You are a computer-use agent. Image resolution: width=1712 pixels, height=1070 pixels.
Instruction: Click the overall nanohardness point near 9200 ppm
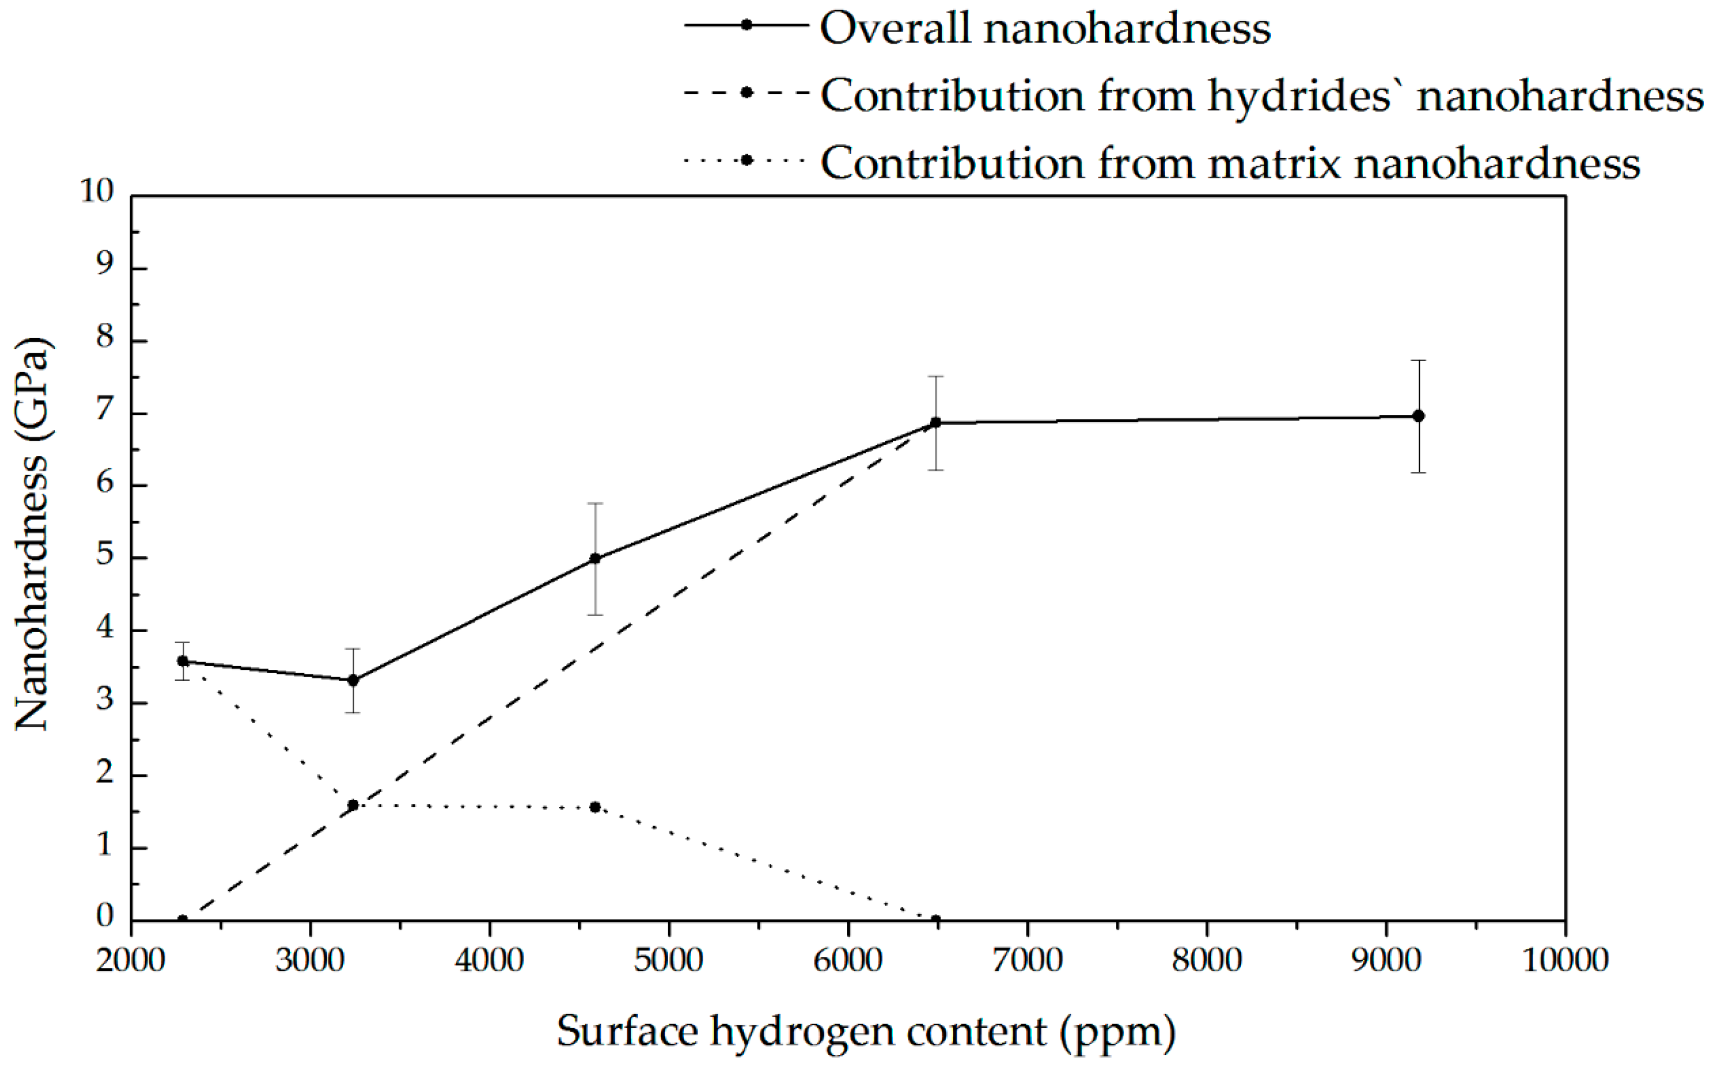tap(1418, 416)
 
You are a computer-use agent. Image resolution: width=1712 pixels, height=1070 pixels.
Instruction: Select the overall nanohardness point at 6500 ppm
tap(935, 423)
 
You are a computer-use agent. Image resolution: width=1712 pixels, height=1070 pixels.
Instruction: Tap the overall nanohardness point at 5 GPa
tap(595, 558)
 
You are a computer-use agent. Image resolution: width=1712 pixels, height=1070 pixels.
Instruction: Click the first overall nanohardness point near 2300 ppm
tap(183, 661)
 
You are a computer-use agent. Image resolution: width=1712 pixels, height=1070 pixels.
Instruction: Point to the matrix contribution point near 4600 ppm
tap(595, 807)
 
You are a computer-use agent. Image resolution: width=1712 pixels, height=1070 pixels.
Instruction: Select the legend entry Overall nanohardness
tap(1045, 28)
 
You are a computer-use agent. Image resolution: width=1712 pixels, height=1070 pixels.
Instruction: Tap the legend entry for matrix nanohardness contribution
tap(1229, 163)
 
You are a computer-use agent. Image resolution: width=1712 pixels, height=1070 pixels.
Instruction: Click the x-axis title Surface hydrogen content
tap(866, 1031)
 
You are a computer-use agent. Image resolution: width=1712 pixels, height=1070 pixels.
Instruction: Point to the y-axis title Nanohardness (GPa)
tap(33, 534)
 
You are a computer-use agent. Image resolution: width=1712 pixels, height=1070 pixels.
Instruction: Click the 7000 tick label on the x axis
tap(1027, 960)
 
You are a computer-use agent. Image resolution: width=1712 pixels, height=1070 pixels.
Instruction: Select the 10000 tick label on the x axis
tap(1565, 960)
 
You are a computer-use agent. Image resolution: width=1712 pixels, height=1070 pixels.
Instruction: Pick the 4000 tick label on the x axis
tap(489, 960)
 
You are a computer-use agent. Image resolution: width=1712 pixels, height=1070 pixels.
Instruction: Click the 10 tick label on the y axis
tap(96, 191)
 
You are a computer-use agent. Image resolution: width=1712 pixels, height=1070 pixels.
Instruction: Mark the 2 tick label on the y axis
tap(105, 771)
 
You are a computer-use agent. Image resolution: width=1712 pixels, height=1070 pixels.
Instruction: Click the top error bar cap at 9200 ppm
tap(1418, 361)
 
